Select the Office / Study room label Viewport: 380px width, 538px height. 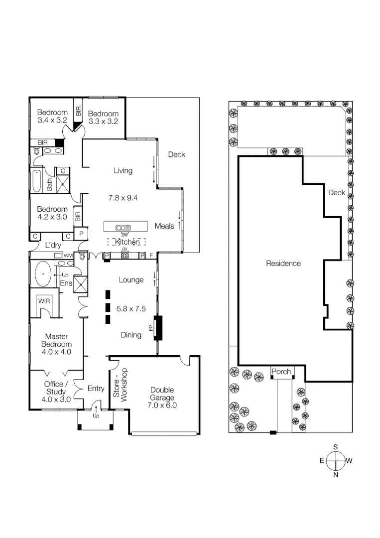[54, 388]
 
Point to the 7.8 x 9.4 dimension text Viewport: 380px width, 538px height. [123, 198]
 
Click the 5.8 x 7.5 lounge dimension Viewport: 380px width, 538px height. [131, 308]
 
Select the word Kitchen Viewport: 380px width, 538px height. [127, 242]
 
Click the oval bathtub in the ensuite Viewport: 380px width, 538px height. [43, 274]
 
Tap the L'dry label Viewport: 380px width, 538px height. [53, 245]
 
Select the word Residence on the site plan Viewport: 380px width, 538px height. [283, 263]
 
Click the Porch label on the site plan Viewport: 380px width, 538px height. [281, 372]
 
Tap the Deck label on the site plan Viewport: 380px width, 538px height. [336, 193]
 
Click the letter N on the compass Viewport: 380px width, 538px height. [336, 474]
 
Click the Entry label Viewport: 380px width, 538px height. [96, 389]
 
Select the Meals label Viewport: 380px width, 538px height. [164, 226]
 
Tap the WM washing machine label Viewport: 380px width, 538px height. [68, 256]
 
